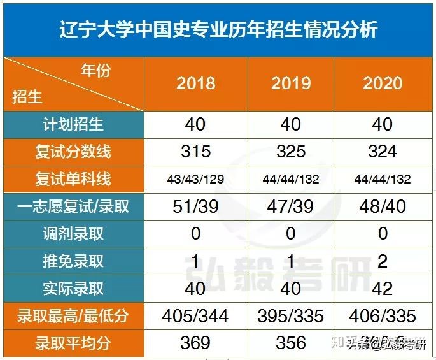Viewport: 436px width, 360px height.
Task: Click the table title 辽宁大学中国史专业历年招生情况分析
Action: pos(218,29)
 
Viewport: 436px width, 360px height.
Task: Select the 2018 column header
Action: pos(195,83)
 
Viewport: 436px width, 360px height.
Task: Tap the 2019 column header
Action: pos(291,83)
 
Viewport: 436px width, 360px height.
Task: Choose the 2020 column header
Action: pos(383,83)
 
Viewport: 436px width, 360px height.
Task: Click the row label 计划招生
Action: pos(73,124)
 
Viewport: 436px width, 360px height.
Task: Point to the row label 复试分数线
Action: pos(73,151)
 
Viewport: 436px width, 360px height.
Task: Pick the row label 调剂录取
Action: pos(73,233)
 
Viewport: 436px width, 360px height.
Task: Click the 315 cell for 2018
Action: pos(195,151)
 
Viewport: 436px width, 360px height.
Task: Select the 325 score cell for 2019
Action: pos(291,151)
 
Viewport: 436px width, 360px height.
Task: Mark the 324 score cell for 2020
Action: pos(383,151)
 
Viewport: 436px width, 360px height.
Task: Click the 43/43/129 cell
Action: pos(195,179)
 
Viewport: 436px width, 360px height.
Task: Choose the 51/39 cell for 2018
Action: pos(195,206)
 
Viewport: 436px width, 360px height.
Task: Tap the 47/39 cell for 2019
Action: pos(291,206)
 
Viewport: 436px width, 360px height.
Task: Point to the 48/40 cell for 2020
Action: pos(383,206)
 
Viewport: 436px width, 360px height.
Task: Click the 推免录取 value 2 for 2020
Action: pos(383,261)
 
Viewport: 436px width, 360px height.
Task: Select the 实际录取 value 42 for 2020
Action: pos(383,288)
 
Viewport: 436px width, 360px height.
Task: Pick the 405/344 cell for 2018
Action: pos(195,316)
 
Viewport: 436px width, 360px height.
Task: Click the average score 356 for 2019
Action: pos(291,343)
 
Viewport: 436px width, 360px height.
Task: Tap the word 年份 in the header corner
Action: pos(95,70)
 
